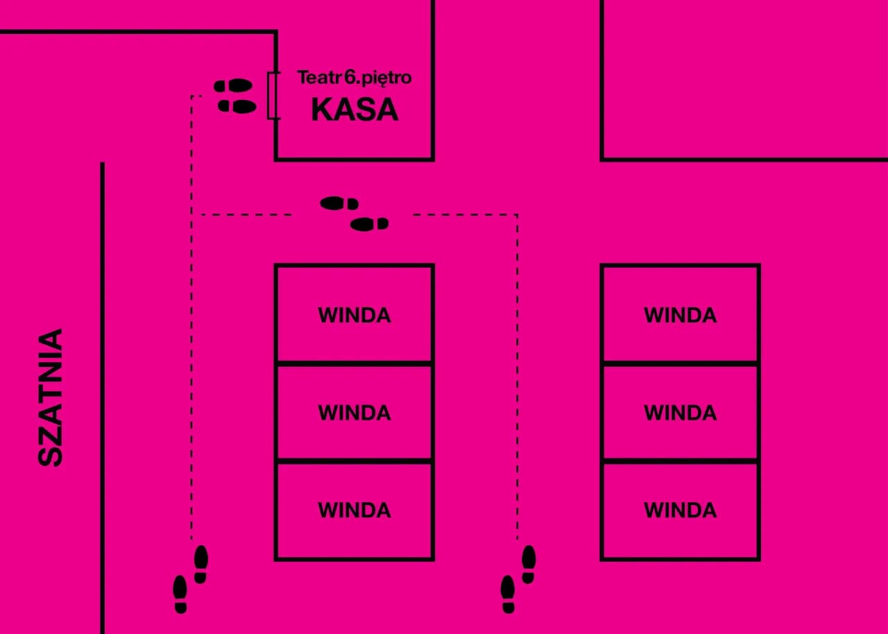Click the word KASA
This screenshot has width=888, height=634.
[x=355, y=110]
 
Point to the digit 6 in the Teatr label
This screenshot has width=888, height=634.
[x=350, y=77]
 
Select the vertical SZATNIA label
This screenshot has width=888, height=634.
[x=51, y=397]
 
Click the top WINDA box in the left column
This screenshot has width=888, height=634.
[x=355, y=314]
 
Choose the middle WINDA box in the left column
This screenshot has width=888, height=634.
[x=355, y=412]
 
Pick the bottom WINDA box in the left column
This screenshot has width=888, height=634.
[x=355, y=510]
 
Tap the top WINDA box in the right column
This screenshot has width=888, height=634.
[x=680, y=314]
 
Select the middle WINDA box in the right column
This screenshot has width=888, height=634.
[x=680, y=412]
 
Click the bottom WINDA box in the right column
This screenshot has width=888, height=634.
[x=680, y=510]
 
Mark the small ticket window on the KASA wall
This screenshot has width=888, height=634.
[x=274, y=95]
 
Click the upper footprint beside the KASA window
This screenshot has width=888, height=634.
[x=234, y=85]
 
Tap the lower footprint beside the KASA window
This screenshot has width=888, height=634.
[x=237, y=106]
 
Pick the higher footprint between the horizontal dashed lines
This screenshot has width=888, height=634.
[x=339, y=203]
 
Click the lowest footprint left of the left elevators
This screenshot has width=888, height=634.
[x=180, y=594]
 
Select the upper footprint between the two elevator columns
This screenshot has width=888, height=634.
[x=529, y=563]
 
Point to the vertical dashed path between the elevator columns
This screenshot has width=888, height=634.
[x=517, y=375]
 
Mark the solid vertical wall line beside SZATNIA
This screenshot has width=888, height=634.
[x=102, y=395]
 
